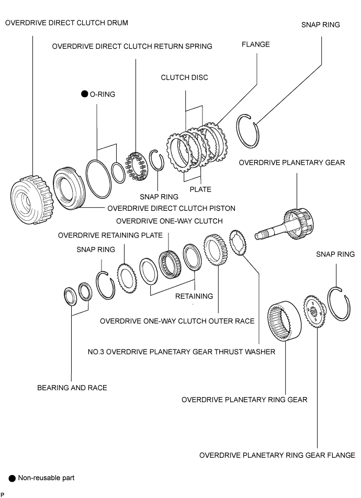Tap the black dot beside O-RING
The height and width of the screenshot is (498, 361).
pyautogui.click(x=85, y=94)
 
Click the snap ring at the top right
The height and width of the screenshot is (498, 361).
pyautogui.click(x=248, y=131)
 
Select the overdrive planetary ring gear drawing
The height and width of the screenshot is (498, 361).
pyautogui.click(x=284, y=321)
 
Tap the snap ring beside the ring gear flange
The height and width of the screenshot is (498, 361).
pyautogui.click(x=339, y=303)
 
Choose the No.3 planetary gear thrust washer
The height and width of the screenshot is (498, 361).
pyautogui.click(x=238, y=242)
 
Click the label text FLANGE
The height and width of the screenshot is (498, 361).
pyautogui.click(x=256, y=44)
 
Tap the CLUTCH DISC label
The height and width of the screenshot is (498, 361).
pyautogui.click(x=184, y=77)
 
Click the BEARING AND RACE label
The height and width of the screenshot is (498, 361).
pyautogui.click(x=72, y=388)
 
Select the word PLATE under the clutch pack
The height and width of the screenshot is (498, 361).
pyautogui.click(x=200, y=189)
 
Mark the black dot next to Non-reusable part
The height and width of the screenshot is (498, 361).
pyautogui.click(x=12, y=478)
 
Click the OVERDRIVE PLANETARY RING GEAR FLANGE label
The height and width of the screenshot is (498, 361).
pyautogui.click(x=277, y=456)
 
